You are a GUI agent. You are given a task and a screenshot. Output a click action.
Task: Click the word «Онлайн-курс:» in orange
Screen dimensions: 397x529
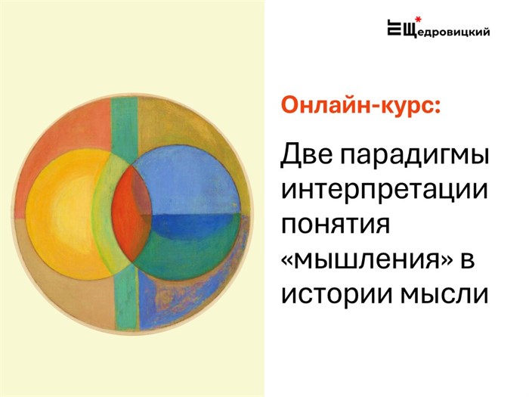(x=360, y=106)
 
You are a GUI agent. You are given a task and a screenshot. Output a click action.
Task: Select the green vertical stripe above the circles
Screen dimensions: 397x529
(x=124, y=125)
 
